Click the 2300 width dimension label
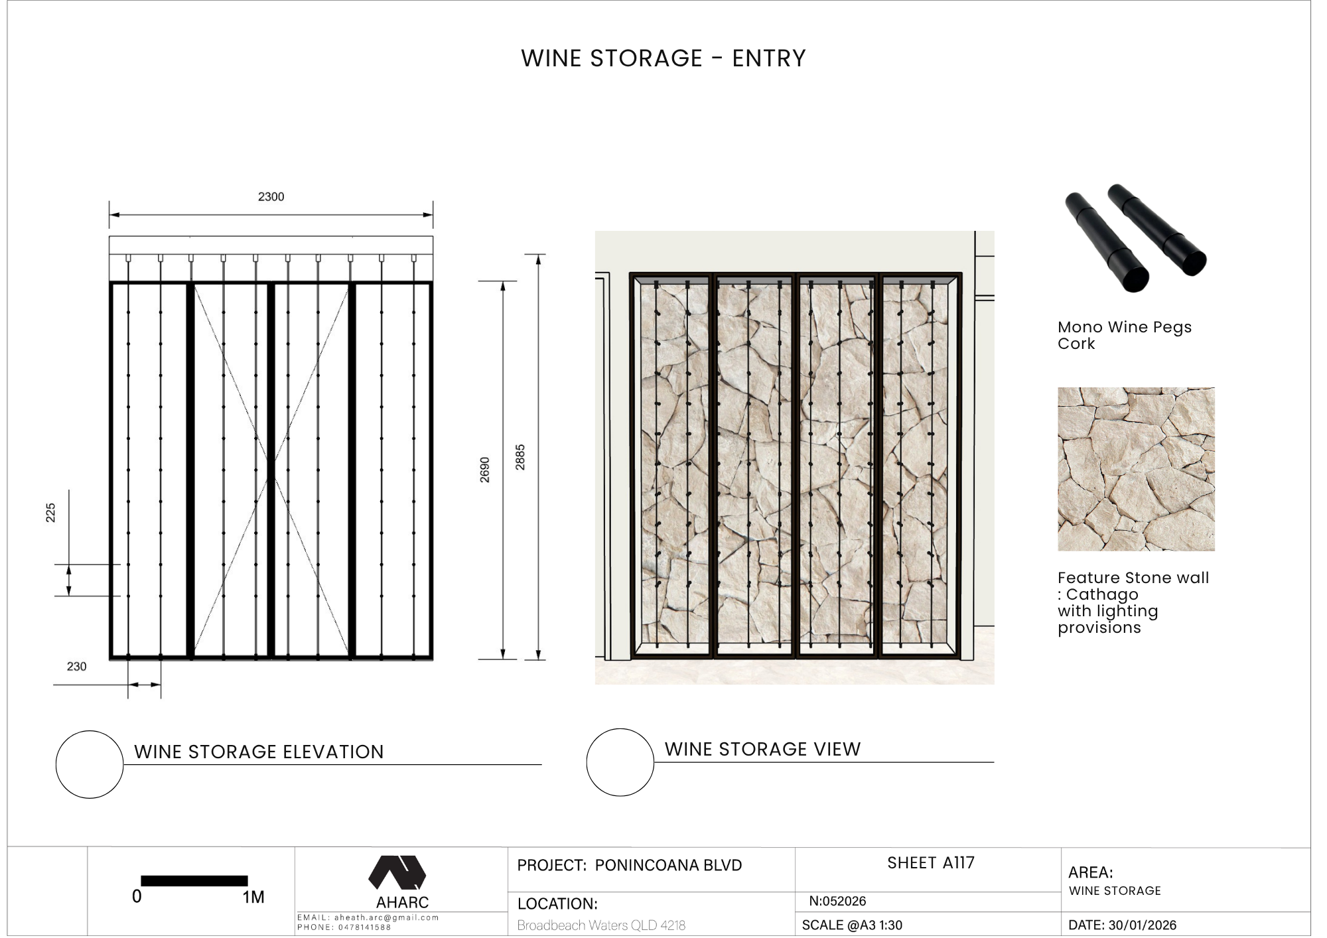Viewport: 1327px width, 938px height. pos(271,196)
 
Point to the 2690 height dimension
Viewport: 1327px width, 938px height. pos(485,470)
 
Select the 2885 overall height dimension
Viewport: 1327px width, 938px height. pos(520,457)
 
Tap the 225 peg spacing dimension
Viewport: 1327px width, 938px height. pos(50,513)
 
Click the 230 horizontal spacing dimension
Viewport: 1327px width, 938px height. pos(76,667)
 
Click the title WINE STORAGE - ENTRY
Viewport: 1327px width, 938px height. pos(663,58)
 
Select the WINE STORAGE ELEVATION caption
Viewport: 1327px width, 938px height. pos(259,752)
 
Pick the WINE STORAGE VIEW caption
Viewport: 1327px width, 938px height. pos(763,749)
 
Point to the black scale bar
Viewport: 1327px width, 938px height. pos(194,881)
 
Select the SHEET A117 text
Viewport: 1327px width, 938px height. pos(931,863)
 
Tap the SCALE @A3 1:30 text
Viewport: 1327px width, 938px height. pos(852,925)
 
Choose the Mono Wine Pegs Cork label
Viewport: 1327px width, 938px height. pos(1125,335)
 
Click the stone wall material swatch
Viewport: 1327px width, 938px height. pos(1136,469)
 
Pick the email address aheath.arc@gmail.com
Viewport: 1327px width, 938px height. pos(386,917)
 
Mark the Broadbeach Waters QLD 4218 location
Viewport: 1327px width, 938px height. pos(601,925)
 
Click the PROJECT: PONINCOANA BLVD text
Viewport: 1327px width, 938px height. pos(630,865)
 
